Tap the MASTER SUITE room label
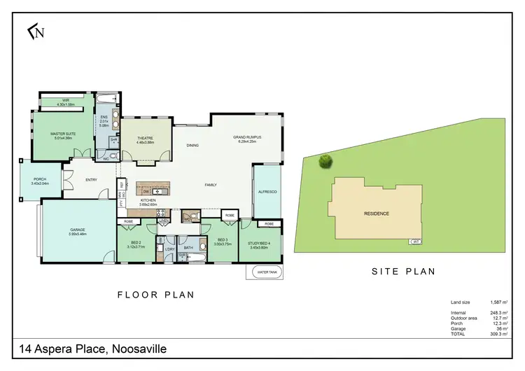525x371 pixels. coord(63,132)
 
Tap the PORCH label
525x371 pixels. coord(40,180)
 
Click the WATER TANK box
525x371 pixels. coord(264,272)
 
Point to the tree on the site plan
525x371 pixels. coord(325,162)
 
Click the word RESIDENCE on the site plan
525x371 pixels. coord(376,213)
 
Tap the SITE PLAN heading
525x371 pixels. coord(402,271)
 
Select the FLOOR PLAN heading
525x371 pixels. coord(155,295)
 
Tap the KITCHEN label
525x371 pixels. coord(148,201)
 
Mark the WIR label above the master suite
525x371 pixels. coord(66,101)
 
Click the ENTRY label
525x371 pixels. coord(92,181)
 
